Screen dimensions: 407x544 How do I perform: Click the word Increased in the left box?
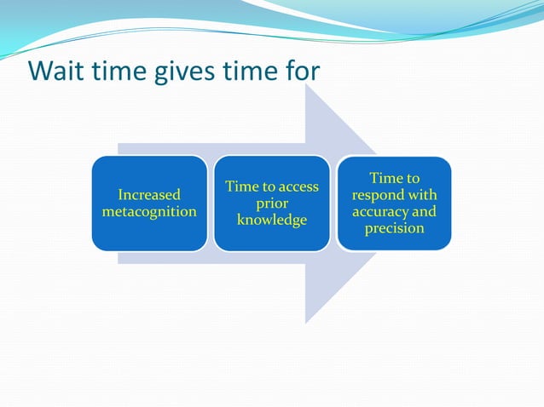click(149, 195)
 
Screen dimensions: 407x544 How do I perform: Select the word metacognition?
click(149, 211)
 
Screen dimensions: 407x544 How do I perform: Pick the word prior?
click(271, 204)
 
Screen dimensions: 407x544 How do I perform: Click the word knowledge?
click(271, 221)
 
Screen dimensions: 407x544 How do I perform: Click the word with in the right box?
click(422, 195)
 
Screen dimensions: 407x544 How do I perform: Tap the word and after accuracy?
click(423, 212)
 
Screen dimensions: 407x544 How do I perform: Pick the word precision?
click(394, 229)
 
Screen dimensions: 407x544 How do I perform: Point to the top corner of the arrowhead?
click(306, 84)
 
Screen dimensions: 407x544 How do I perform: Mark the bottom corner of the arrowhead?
click(306, 323)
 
